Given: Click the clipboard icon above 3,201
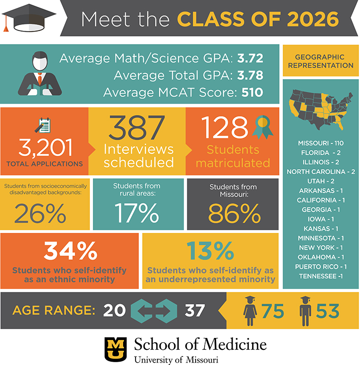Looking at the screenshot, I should [45, 126].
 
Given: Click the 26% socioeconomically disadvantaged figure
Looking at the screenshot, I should [40, 214].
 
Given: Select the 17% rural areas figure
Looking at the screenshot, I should [135, 213].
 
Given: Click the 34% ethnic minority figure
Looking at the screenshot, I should [70, 251].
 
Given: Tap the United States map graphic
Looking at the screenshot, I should [320, 108].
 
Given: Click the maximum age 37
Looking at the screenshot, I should [194, 311].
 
